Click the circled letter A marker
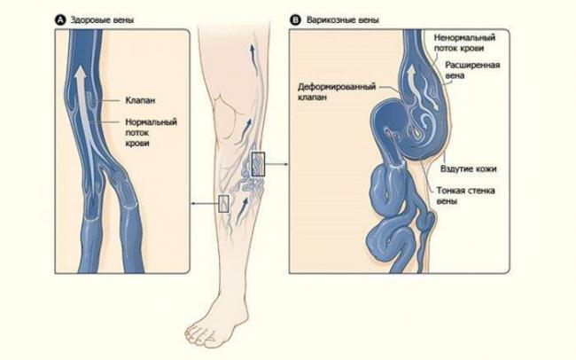coord(60,20)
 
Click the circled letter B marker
coord(295,20)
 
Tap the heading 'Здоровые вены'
coord(102,20)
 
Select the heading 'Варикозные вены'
coord(343,20)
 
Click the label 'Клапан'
coord(140,100)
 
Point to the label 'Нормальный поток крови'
coord(151,132)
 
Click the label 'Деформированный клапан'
coord(337,92)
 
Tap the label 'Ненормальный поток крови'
coord(464,43)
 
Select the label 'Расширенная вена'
coord(473,70)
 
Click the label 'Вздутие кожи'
coord(469,168)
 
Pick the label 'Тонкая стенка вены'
coord(466,196)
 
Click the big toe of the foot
coord(192,333)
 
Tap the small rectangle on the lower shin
coord(223,204)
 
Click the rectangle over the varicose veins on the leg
coord(258,164)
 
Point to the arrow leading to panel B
coord(276,164)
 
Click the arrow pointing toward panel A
coord(204,203)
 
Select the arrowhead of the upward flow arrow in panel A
coord(80,74)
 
